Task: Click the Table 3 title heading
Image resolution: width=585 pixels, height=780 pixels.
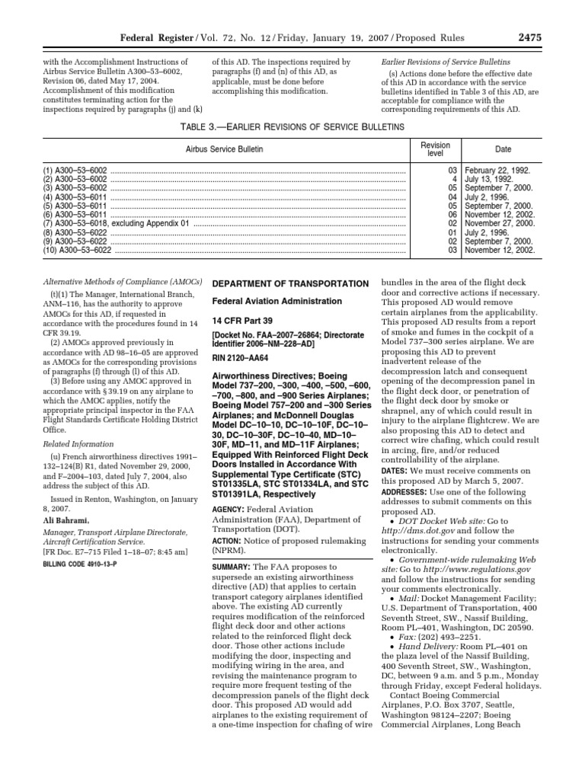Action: tap(292, 126)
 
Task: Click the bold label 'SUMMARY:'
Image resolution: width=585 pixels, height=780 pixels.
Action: tap(232, 568)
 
